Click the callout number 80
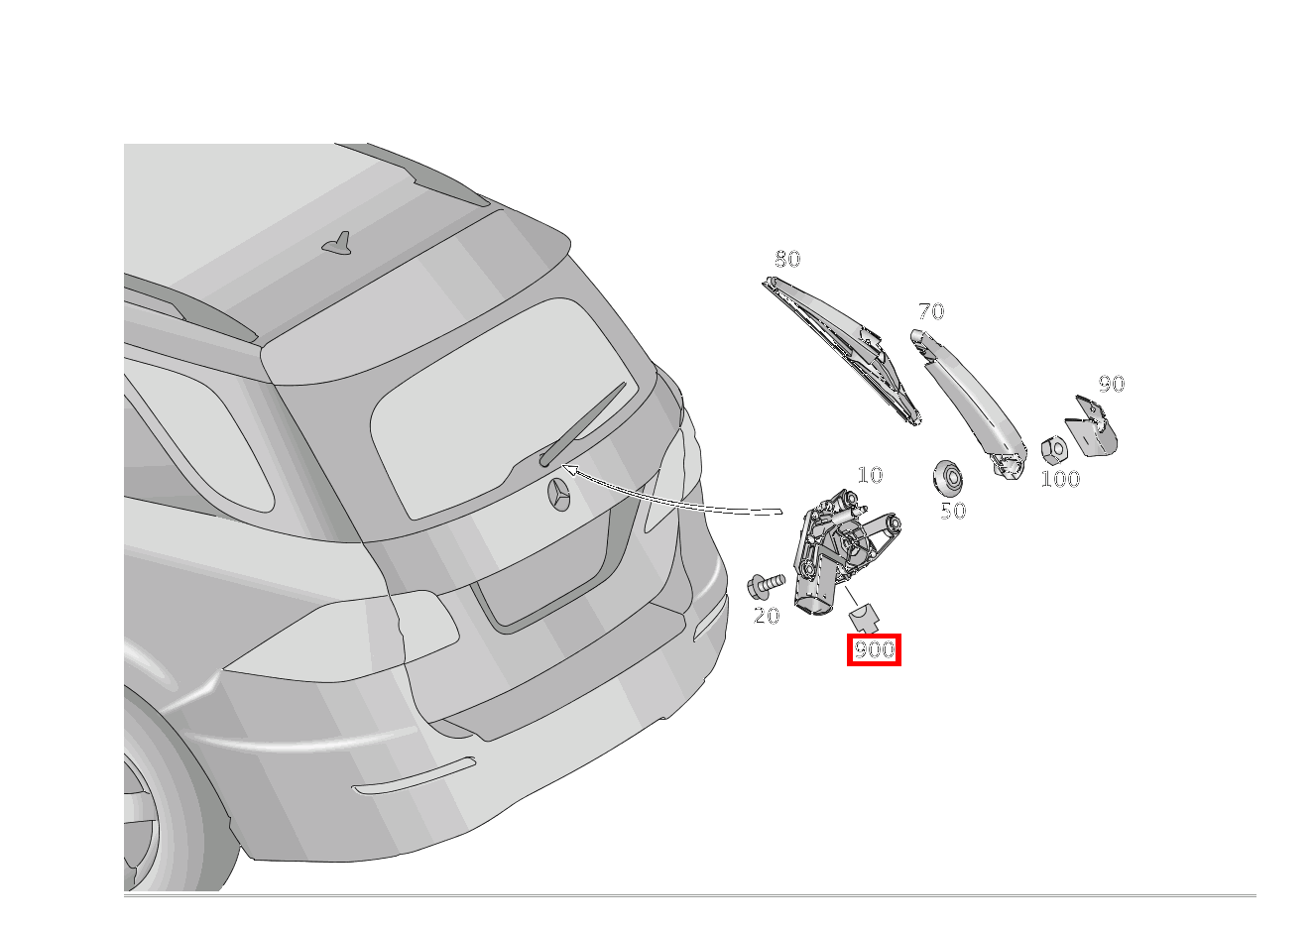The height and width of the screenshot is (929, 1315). coord(786,259)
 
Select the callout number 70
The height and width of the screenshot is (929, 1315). coord(930,311)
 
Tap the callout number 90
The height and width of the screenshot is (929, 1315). coord(1111,384)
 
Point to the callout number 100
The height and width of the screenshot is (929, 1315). coord(1059,479)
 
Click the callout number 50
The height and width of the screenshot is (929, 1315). coord(952,511)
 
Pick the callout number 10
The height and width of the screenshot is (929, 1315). coord(869,475)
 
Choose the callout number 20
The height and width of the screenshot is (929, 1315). coord(767,616)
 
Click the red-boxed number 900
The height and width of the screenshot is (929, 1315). coord(874,649)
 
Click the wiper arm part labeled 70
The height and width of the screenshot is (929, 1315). coord(967,402)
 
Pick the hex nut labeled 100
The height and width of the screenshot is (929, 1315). coord(1053,449)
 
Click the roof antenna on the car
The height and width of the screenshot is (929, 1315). coord(340,243)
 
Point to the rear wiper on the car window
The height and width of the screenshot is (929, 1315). coord(585,423)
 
